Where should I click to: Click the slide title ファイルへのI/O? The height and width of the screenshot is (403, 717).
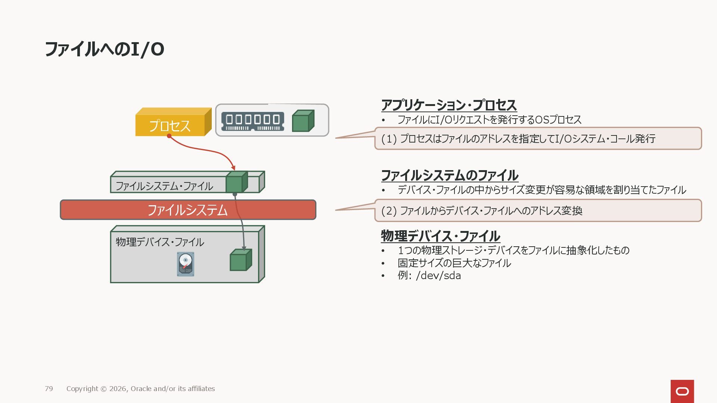tap(105, 49)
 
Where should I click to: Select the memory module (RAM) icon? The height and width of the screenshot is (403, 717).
tap(252, 121)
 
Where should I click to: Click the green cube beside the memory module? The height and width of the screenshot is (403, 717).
tap(302, 121)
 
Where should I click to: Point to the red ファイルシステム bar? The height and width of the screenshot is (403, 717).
tap(188, 210)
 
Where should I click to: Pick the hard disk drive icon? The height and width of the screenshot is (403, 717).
tap(186, 264)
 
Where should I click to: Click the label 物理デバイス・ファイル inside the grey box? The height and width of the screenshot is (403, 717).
tap(160, 242)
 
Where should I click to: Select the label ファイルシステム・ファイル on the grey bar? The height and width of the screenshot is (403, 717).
tap(164, 186)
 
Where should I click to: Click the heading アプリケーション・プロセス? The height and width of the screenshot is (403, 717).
tap(449, 105)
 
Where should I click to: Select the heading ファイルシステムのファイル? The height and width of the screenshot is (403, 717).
tap(450, 175)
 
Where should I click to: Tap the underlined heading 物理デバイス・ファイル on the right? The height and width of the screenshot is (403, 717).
tap(440, 236)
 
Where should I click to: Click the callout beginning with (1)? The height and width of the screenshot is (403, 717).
tap(538, 138)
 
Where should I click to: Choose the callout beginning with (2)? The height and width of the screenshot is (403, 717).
tap(538, 210)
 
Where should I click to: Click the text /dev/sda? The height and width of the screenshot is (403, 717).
tap(438, 276)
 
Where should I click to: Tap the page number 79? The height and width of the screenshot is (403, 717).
tap(49, 388)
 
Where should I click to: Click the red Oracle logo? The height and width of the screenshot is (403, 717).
tap(682, 391)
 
